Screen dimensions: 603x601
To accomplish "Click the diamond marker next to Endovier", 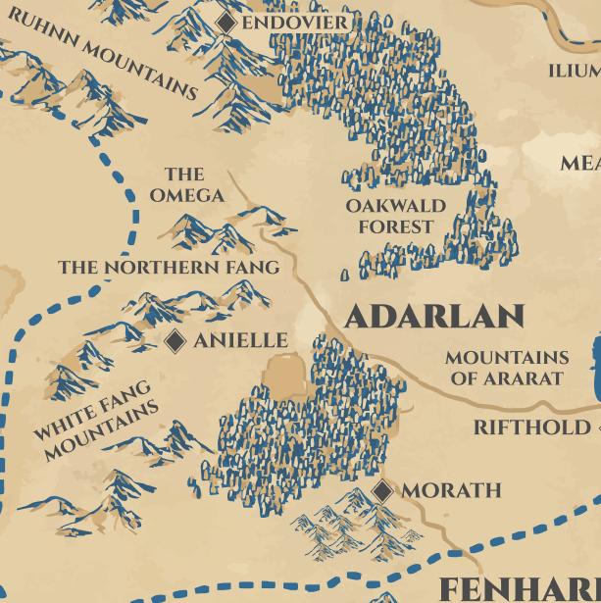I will coord(226,22).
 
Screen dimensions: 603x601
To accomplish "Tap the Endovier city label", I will coord(294,23).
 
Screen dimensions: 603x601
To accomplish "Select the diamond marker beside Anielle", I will coord(175,340).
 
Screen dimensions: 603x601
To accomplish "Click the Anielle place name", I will coord(240,340).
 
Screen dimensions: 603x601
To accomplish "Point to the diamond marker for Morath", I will coord(383,490).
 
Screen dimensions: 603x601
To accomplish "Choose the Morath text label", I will coord(451,490).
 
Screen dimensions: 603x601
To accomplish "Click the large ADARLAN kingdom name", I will coord(434,317).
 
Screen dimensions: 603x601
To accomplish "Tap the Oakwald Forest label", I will coord(395,216).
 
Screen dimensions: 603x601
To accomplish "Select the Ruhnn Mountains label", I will coord(103,56).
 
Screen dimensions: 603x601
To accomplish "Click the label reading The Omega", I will coord(186,185).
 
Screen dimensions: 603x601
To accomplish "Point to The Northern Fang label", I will coord(169,267).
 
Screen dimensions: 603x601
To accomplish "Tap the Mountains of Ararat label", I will coord(506,368).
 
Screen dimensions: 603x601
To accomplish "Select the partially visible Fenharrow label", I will coord(518,588).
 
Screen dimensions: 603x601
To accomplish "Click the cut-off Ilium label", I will coord(574,71).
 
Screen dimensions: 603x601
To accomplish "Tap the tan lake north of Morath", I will coord(285,377).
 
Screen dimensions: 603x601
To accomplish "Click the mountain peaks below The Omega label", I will coord(211,232).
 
